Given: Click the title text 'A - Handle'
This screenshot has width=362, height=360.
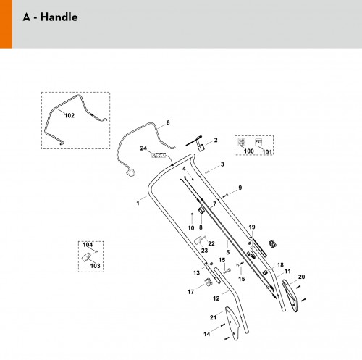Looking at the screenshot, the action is pos(50,17).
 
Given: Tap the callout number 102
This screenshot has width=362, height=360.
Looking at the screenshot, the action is pos(70,115).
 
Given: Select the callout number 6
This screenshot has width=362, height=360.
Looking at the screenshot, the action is pos(168,122).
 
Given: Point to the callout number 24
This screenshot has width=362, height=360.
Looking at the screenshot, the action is pos(143,148).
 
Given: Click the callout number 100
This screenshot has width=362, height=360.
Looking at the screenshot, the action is pos(249,151).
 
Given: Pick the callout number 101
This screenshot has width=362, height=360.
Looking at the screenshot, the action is pos(267,152).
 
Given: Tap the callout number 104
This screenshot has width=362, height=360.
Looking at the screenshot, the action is pos(88,245).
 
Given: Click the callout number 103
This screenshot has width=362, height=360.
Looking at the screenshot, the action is pos(95,266).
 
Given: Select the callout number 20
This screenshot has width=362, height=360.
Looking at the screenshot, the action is pos(302,277).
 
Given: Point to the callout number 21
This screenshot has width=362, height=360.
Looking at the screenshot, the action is pos(213,317).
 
